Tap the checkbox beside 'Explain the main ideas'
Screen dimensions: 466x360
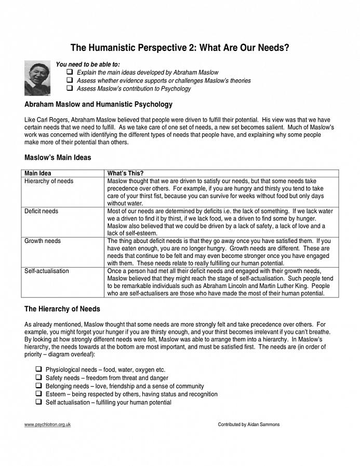pos(70,73)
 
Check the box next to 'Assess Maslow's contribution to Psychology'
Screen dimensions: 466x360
pos(70,89)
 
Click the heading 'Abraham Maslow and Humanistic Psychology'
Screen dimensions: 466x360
pos(98,104)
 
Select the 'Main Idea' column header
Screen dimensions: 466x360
pos(38,173)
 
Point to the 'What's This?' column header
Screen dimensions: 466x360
pos(125,173)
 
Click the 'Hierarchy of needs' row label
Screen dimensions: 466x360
pos(49,181)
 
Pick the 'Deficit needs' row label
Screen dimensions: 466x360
pos(42,211)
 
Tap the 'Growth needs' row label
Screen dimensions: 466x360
pos(43,241)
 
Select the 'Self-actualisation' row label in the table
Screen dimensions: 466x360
pos(47,271)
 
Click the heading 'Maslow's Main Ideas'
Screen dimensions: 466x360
pos(58,157)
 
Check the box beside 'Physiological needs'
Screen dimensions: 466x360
pos(38,369)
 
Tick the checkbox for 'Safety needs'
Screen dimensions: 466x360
pos(38,378)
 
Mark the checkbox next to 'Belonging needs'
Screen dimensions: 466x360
pos(38,386)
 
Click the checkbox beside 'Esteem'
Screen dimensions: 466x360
pos(38,394)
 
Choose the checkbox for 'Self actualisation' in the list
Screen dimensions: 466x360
pos(38,402)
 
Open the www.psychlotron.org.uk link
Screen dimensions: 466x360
pos(47,424)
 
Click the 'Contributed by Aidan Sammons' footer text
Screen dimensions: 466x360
pos(248,424)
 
